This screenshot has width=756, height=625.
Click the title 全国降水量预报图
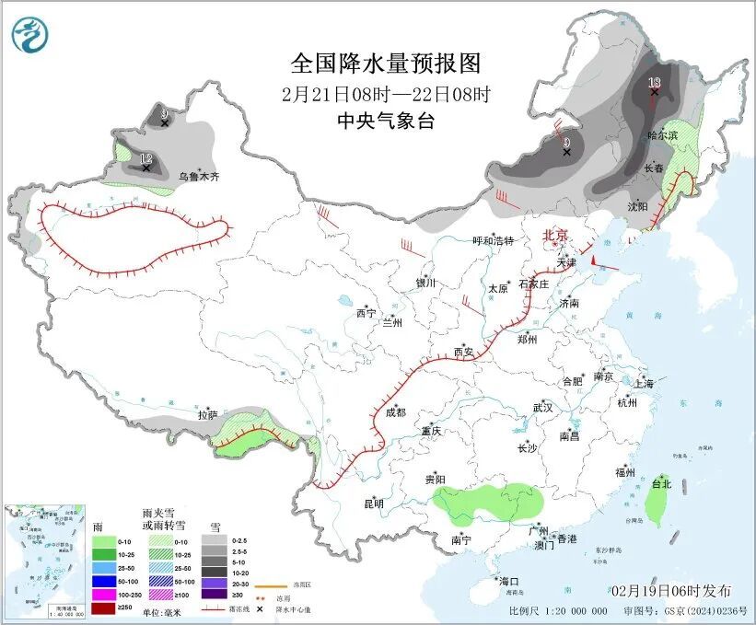[x=386, y=64]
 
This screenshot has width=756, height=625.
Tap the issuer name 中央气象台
[x=386, y=121]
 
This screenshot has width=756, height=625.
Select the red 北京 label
[x=557, y=235]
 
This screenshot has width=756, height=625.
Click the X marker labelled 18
[x=655, y=92]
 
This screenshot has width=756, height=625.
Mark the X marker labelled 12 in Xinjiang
[x=146, y=168]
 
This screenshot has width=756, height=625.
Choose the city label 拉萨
[x=207, y=415]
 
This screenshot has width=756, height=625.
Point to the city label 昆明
[x=373, y=503]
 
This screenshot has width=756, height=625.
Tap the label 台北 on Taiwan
[x=661, y=483]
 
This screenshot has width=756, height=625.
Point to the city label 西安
[x=463, y=352]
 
